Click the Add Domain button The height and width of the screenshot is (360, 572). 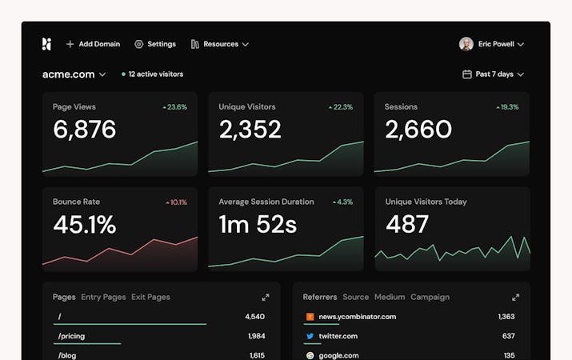click(93, 44)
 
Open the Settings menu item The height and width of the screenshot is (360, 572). click(155, 44)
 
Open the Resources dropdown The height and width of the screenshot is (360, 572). click(220, 44)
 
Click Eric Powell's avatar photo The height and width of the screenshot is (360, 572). click(466, 44)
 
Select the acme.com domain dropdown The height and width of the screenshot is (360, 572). click(74, 74)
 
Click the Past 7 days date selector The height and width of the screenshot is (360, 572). click(494, 74)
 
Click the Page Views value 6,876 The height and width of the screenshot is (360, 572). click(85, 130)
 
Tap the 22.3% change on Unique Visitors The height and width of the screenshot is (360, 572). click(340, 107)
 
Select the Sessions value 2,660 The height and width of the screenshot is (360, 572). click(418, 130)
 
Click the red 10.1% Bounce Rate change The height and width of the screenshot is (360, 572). click(176, 202)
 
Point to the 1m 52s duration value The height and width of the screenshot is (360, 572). click(258, 225)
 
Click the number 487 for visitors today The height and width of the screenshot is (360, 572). click(407, 225)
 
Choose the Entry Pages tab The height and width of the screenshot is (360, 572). click(103, 297)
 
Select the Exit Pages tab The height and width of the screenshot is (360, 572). click(150, 297)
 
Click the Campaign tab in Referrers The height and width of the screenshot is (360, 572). click(430, 297)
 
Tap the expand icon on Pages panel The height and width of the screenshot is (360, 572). click(266, 298)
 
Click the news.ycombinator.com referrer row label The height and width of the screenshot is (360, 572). click(357, 317)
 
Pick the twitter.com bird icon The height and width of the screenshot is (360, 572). click(310, 336)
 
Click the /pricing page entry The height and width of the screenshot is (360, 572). click(72, 336)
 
